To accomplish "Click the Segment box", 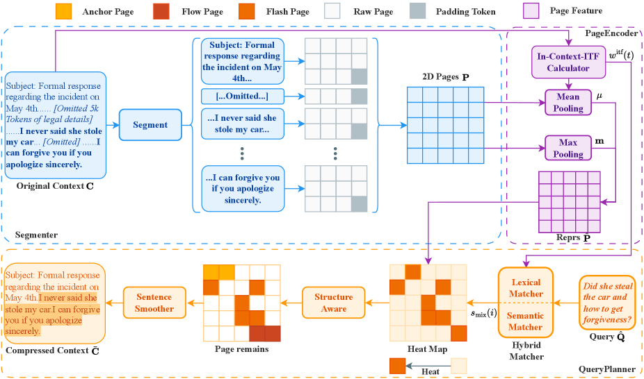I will (x=150, y=125).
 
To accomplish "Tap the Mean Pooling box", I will (x=568, y=103).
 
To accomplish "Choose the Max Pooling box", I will (x=568, y=148).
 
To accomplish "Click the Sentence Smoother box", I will (x=154, y=302).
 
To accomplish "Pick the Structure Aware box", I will (x=333, y=302).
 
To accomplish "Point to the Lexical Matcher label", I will (x=526, y=288).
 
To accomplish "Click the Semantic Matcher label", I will (x=526, y=321).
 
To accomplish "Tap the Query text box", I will (x=607, y=303).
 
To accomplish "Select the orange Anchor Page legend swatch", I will (x=63, y=12).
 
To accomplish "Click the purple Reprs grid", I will (x=569, y=201).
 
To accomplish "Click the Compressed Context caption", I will (x=47, y=351).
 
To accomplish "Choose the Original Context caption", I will (x=50, y=186).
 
